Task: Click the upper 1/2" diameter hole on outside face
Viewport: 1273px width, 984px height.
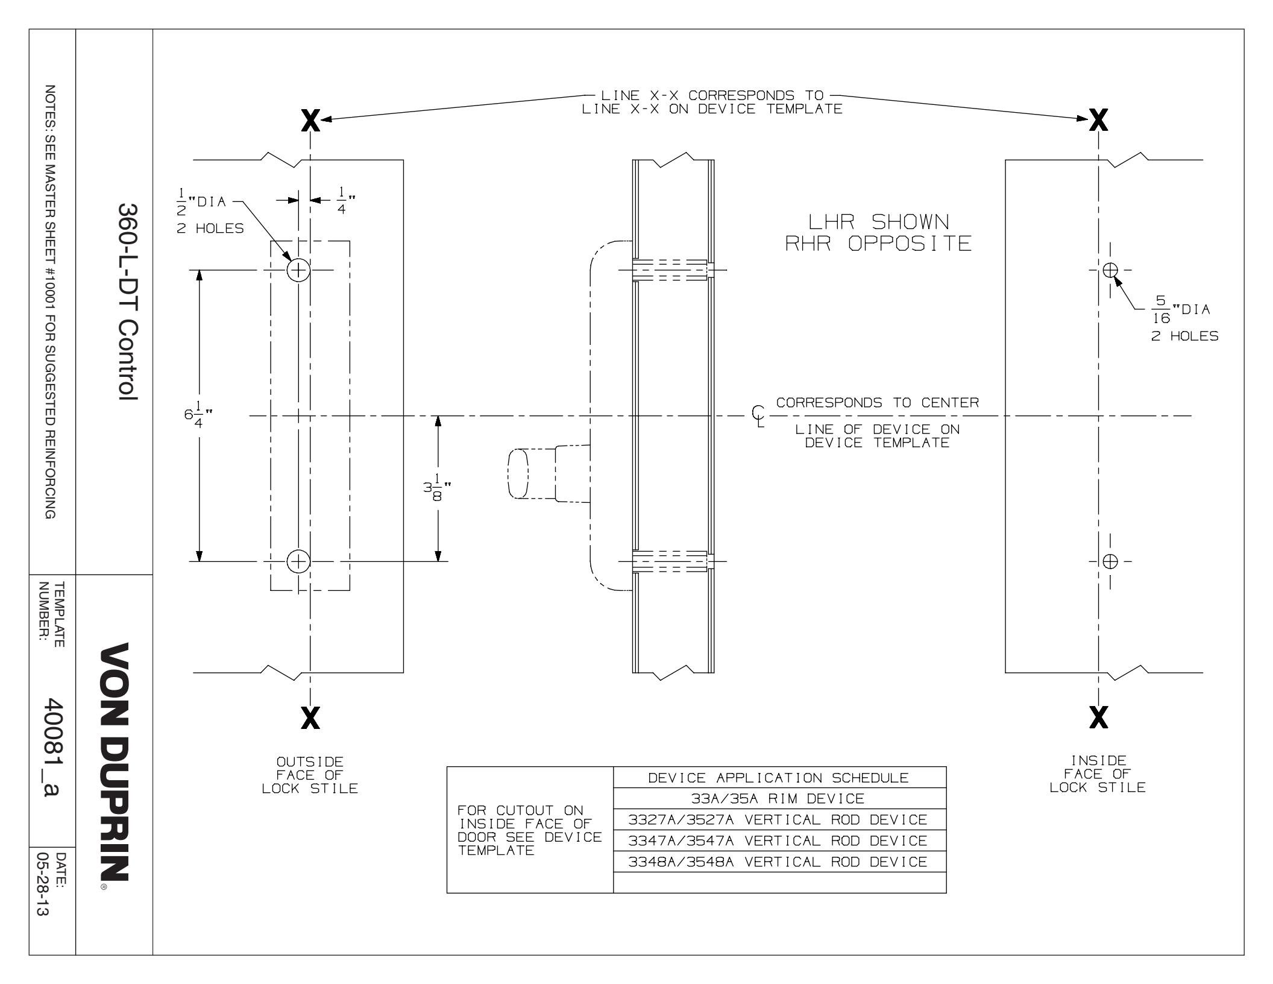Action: pos(298,270)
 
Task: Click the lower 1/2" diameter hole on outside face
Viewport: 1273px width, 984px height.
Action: pos(298,561)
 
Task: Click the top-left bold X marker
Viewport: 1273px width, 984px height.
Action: pos(310,122)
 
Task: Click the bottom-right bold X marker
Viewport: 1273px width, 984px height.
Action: pos(1099,717)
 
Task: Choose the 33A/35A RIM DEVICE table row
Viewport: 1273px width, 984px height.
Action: pos(779,799)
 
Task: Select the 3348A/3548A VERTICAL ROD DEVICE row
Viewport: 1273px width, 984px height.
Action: pos(779,862)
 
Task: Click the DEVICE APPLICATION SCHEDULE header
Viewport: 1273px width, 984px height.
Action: pos(779,778)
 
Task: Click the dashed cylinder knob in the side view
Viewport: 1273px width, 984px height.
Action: pos(518,473)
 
